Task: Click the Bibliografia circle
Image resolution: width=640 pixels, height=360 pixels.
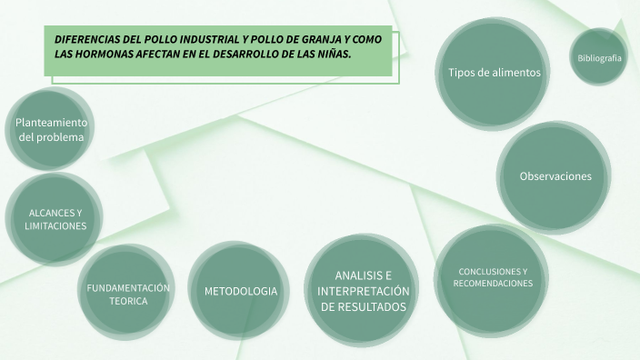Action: tap(599, 58)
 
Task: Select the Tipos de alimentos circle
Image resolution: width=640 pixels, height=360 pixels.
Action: tap(494, 73)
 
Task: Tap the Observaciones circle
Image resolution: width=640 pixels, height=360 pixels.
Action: tap(555, 176)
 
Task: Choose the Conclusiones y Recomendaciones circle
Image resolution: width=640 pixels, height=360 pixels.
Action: tap(493, 278)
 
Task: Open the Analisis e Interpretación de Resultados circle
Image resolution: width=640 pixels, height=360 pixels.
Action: tap(363, 291)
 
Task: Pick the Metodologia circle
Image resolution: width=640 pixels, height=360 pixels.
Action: tap(240, 291)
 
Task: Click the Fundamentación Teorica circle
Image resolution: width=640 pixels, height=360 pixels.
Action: tap(128, 294)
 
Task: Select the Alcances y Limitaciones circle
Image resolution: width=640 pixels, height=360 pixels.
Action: tap(55, 219)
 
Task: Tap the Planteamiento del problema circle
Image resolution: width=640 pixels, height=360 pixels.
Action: tap(51, 130)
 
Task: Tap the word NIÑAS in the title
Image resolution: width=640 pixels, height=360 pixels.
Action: tap(333, 55)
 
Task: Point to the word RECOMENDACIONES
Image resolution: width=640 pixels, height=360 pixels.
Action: tap(493, 285)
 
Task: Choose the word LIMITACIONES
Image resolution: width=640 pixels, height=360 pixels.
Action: tap(55, 225)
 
